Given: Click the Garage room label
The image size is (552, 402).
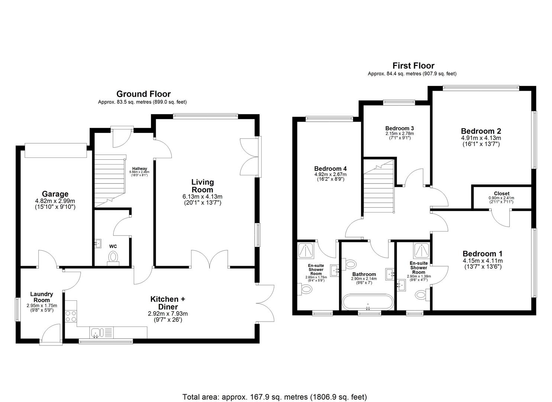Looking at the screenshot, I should [x=55, y=194].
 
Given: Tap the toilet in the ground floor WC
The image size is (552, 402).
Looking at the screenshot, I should [x=113, y=258].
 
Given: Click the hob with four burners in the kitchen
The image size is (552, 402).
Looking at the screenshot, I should [x=71, y=316].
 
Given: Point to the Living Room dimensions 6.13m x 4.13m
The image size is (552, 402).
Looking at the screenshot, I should [x=203, y=197].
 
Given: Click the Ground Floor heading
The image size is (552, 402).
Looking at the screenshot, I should [x=143, y=94].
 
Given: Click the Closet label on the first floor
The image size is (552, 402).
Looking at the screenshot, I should [x=501, y=194].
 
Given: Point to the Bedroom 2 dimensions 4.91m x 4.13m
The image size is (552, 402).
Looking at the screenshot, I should [x=481, y=138].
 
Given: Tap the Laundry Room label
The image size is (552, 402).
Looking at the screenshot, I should [x=42, y=297].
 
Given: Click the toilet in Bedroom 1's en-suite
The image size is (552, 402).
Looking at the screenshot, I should [x=421, y=295].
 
